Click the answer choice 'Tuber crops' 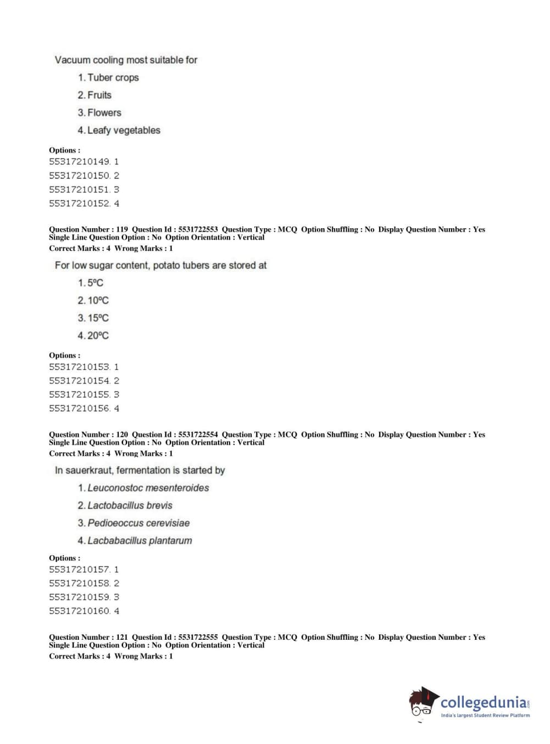tap(113, 77)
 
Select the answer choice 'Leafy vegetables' tap(124, 130)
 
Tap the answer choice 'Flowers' tap(104, 112)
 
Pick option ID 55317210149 tap(80, 161)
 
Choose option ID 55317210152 tap(80, 203)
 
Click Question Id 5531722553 tap(198, 229)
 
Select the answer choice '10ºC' tap(98, 300)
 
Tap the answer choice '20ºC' tap(98, 335)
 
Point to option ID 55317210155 tap(80, 394)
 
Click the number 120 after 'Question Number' tap(122, 435)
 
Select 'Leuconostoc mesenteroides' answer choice tap(148, 488)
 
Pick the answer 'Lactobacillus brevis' tap(130, 505)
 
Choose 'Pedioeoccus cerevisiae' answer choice tap(138, 523)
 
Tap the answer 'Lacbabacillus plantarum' tap(140, 540)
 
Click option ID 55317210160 tap(80, 611)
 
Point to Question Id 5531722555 tap(198, 637)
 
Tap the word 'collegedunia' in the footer tap(483, 702)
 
